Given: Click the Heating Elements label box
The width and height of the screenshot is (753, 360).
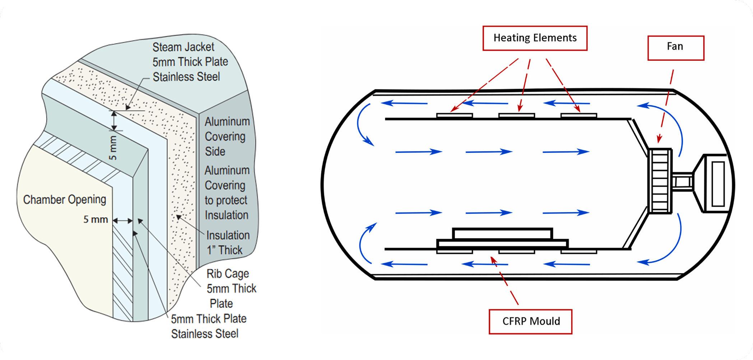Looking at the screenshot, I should pyautogui.click(x=535, y=38).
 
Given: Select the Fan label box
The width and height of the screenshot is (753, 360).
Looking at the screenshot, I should pyautogui.click(x=675, y=48).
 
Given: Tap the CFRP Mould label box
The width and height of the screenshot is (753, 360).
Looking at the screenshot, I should pyautogui.click(x=530, y=322).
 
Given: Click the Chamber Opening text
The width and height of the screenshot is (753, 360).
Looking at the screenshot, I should pyautogui.click(x=65, y=200).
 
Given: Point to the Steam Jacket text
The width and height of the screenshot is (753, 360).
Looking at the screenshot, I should pyautogui.click(x=183, y=47).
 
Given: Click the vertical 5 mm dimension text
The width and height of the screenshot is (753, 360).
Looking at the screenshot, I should pyautogui.click(x=113, y=148).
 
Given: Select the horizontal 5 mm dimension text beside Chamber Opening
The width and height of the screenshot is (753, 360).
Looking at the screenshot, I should pyautogui.click(x=96, y=219).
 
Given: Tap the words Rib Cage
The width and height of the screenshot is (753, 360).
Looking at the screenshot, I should pyautogui.click(x=228, y=274).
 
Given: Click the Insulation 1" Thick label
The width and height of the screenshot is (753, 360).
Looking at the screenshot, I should pyautogui.click(x=228, y=243).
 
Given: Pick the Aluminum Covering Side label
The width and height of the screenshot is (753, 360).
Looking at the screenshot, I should pyautogui.click(x=227, y=136).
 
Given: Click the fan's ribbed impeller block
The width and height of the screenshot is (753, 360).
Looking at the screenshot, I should pyautogui.click(x=660, y=181).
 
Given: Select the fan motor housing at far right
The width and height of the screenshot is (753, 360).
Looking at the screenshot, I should pyautogui.click(x=715, y=183).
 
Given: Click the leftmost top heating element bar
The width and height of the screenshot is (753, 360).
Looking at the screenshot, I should pyautogui.click(x=454, y=116).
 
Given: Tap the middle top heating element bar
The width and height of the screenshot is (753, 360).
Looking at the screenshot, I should pyautogui.click(x=516, y=116).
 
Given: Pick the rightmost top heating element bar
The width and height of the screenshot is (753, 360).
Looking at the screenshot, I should pyautogui.click(x=578, y=116).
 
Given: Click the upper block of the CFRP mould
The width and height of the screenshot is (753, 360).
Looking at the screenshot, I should pyautogui.click(x=502, y=234).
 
